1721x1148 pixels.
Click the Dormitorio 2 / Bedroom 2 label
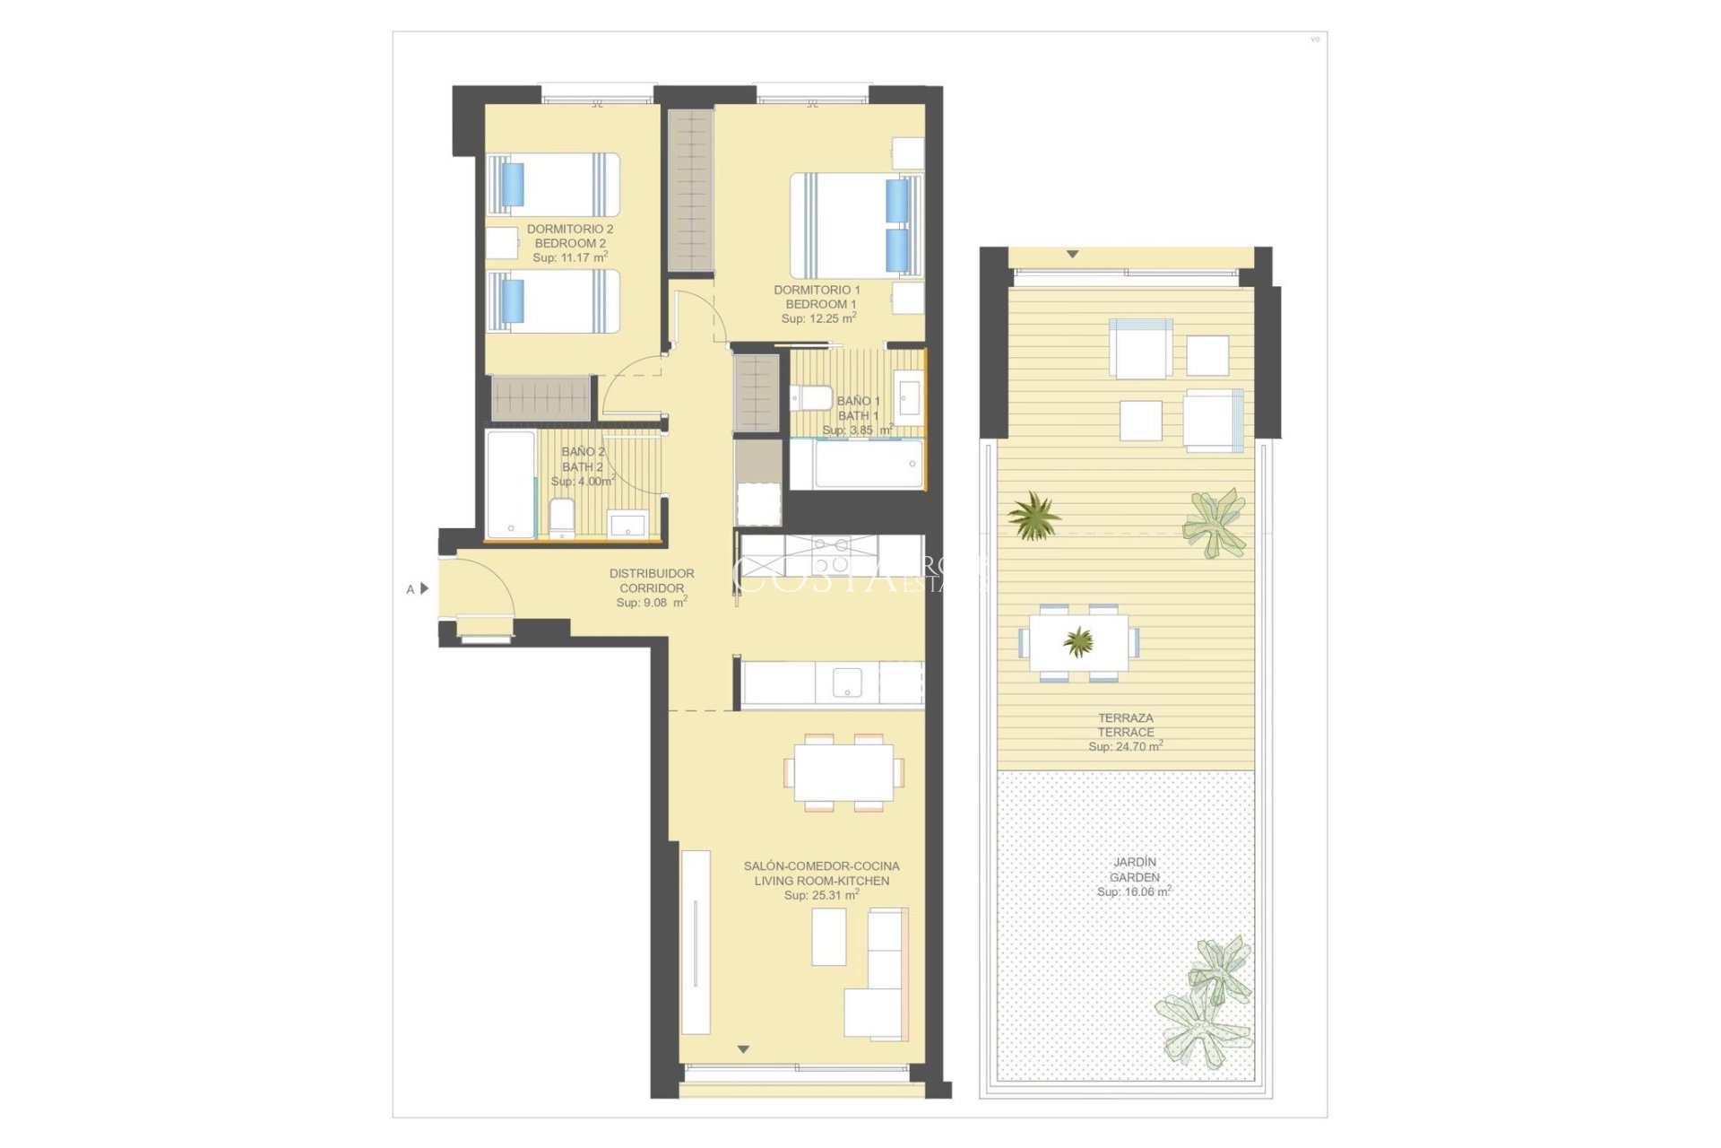click(570, 236)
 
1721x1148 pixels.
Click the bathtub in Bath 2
click(510, 484)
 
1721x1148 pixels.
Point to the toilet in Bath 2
click(561, 518)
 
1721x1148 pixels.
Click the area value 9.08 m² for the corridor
click(652, 603)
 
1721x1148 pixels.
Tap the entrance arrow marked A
click(424, 588)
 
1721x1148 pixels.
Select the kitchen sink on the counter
click(847, 683)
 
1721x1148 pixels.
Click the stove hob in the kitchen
click(831, 554)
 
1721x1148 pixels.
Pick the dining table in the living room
click(843, 772)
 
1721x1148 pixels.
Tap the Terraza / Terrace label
click(1126, 725)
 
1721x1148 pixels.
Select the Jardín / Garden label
click(1134, 869)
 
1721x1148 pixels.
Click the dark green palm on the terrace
click(1034, 516)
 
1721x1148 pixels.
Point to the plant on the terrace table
click(1078, 641)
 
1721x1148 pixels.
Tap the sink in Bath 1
click(909, 397)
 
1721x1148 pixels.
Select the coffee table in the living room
click(829, 937)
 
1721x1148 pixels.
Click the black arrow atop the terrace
click(1072, 255)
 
